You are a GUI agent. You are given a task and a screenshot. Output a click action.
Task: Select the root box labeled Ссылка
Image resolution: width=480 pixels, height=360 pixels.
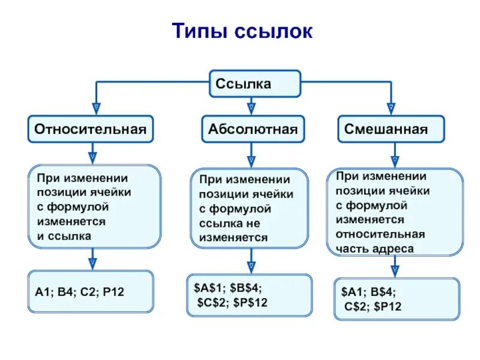click(x=254, y=84)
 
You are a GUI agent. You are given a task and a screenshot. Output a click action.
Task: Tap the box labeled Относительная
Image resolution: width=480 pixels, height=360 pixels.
click(x=91, y=130)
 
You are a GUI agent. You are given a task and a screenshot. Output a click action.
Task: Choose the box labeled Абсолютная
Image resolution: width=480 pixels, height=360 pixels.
click(x=253, y=130)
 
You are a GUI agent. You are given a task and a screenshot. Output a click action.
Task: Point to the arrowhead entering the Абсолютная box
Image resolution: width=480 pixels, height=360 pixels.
click(x=251, y=109)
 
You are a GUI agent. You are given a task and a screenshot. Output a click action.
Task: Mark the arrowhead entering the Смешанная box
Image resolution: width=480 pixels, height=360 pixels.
click(x=391, y=109)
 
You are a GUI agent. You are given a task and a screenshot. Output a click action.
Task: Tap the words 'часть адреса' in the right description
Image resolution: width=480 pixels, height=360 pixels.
click(x=374, y=248)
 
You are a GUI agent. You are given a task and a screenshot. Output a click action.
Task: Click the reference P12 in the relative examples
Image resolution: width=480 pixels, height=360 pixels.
click(x=113, y=292)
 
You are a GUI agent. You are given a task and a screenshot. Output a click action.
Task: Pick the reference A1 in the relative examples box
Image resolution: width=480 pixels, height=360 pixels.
click(x=42, y=292)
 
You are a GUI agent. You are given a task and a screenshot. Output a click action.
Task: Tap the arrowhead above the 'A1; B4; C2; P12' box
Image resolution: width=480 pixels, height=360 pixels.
click(x=93, y=263)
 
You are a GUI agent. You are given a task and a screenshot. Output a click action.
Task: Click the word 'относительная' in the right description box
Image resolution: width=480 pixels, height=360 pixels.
click(x=380, y=234)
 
